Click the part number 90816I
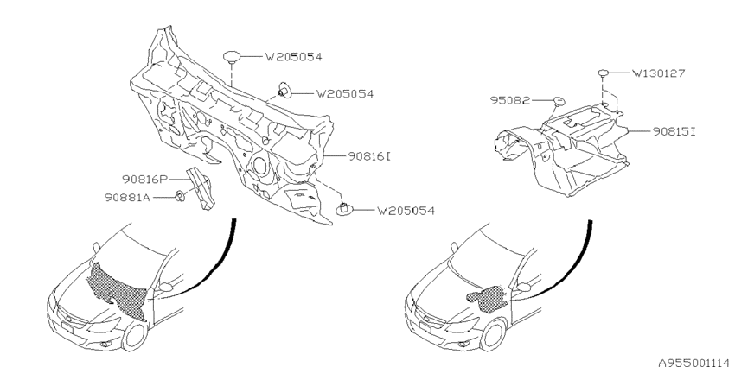pyautogui.click(x=369, y=156)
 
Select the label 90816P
pyautogui.click(x=145, y=180)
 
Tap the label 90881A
pyautogui.click(x=127, y=198)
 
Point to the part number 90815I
pyautogui.click(x=674, y=131)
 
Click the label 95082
pyautogui.click(x=510, y=100)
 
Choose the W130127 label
pyautogui.click(x=659, y=73)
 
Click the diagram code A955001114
pyautogui.click(x=696, y=363)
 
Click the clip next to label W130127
pyautogui.click(x=604, y=73)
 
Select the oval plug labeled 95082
pyautogui.click(x=559, y=101)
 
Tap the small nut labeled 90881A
pyautogui.click(x=180, y=197)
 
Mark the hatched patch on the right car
pyautogui.click(x=488, y=299)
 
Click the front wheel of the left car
pyautogui.click(x=135, y=337)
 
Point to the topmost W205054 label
pyautogui.click(x=294, y=57)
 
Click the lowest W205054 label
pyautogui.click(x=406, y=211)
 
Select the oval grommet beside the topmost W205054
pyautogui.click(x=232, y=57)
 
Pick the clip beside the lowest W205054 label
pyautogui.click(x=344, y=209)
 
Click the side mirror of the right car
pyautogui.click(x=522, y=287)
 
